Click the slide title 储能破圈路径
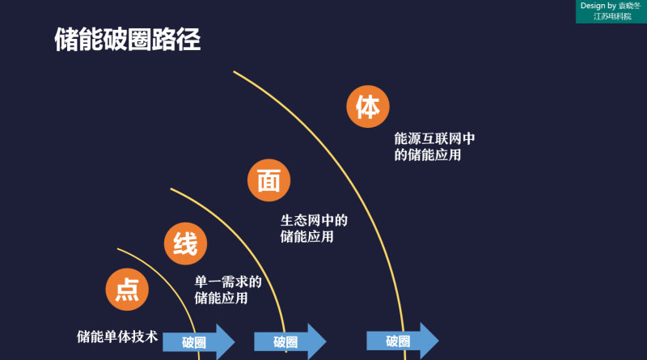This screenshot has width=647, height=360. click(x=127, y=40)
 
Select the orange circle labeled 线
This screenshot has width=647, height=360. click(x=186, y=244)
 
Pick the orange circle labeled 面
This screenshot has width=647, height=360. click(x=269, y=181)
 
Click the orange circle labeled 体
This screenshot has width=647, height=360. click(x=368, y=107)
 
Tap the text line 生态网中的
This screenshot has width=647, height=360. click(x=314, y=220)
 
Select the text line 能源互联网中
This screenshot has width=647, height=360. click(x=434, y=138)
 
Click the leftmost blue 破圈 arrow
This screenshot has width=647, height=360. click(x=198, y=341)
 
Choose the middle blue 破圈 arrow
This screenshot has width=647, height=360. click(x=290, y=341)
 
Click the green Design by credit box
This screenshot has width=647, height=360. click(x=611, y=11)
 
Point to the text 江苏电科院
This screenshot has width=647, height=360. click(x=612, y=16)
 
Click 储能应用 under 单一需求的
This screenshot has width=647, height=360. click(x=222, y=299)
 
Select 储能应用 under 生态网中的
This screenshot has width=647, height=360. click(x=307, y=237)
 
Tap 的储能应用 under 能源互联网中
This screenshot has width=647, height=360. click(x=428, y=155)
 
